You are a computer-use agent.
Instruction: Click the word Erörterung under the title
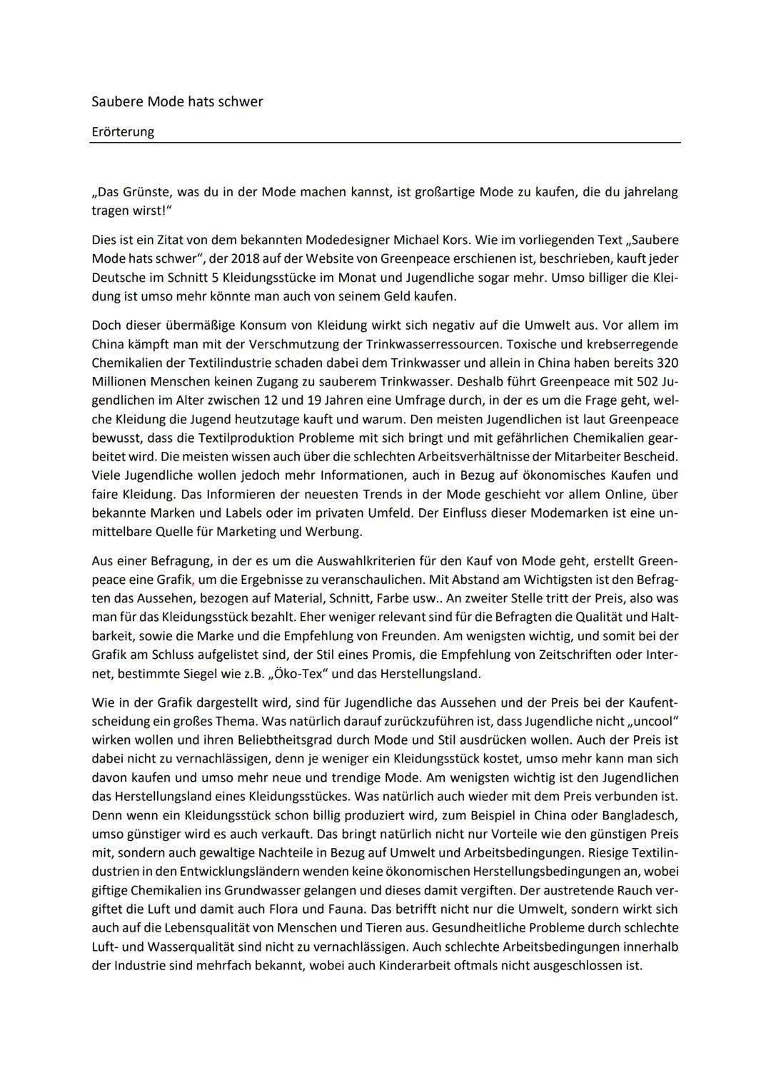tap(123, 132)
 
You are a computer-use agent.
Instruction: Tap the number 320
tap(667, 363)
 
